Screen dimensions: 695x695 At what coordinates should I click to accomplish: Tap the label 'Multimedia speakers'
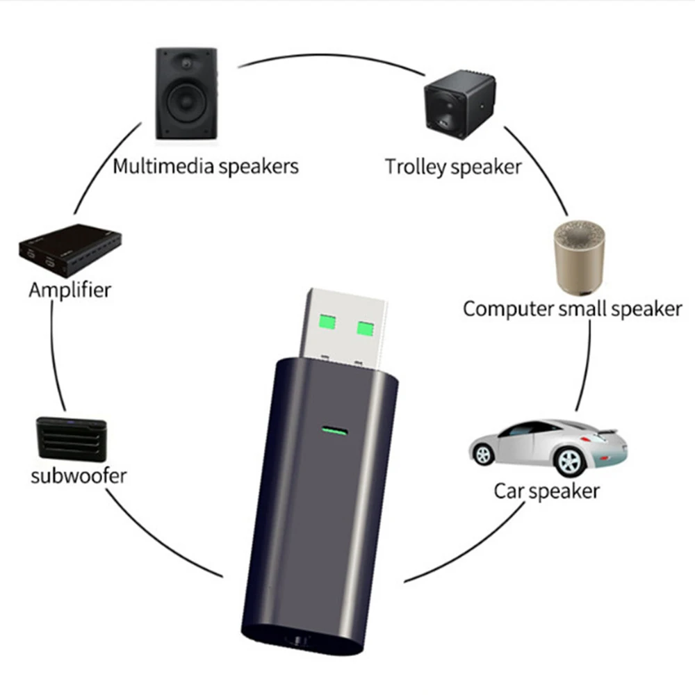pos(206,167)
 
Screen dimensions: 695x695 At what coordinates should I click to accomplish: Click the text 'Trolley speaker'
pos(452,167)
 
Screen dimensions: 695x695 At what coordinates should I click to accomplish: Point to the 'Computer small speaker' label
pos(572,309)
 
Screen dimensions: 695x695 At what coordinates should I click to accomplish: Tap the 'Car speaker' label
pos(546,491)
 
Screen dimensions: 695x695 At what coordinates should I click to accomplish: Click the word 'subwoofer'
pos(79,476)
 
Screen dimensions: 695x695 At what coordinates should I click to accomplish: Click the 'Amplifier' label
pos(69,289)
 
